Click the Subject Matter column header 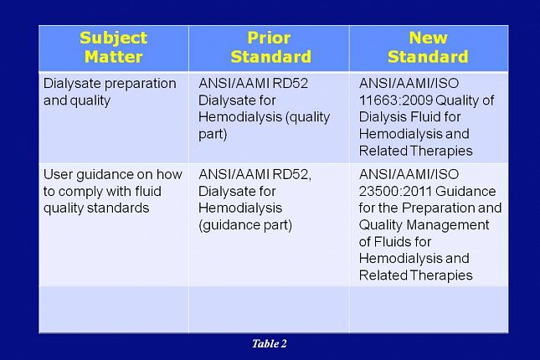pyautogui.click(x=113, y=48)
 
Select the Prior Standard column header pyautogui.click(x=270, y=48)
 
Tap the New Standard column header pyautogui.click(x=428, y=48)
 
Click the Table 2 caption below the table pyautogui.click(x=270, y=343)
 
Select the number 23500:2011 pyautogui.click(x=393, y=191)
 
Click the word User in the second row pyautogui.click(x=58, y=174)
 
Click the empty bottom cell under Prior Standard pyautogui.click(x=270, y=310)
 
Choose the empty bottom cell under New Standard pyautogui.click(x=428, y=310)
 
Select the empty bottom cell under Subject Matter pyautogui.click(x=113, y=310)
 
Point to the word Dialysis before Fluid pyautogui.click(x=384, y=117)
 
